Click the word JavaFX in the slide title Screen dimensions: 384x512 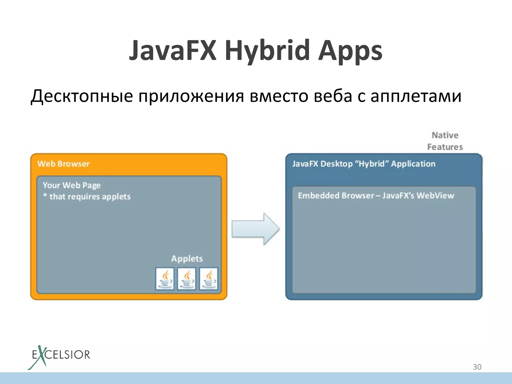click(172, 50)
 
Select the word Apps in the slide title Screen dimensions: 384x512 click(350, 50)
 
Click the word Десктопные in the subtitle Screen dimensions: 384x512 click(81, 96)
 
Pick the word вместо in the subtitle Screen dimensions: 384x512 click(279, 96)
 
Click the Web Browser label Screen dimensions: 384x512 click(63, 164)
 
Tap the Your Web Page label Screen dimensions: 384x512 click(71, 185)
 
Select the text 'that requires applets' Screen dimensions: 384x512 click(90, 197)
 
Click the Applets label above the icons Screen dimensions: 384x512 click(187, 258)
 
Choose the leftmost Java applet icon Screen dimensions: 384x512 click(165, 279)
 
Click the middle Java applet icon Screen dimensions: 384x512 click(186, 279)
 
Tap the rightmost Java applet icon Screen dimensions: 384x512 click(208, 279)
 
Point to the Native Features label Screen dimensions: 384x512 click(445, 141)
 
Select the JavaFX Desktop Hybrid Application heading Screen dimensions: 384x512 click(364, 164)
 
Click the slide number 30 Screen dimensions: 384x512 click(477, 367)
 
